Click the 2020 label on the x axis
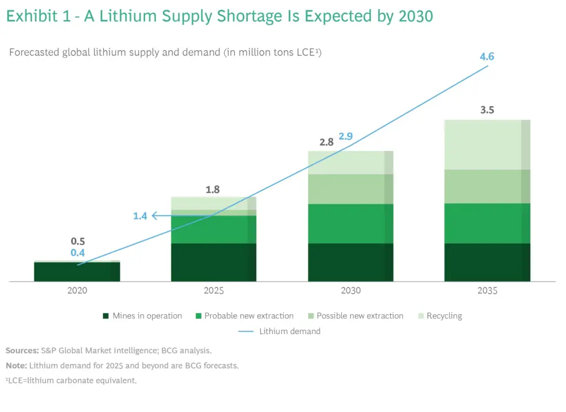[x=77, y=290]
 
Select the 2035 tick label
[x=487, y=290]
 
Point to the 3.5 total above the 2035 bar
[x=487, y=109]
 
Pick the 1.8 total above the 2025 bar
[x=213, y=189]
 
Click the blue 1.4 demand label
[x=140, y=216]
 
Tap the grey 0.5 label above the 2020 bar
[x=77, y=242]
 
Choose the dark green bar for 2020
[x=77, y=272]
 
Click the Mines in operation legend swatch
[x=106, y=316]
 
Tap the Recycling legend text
[x=444, y=316]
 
